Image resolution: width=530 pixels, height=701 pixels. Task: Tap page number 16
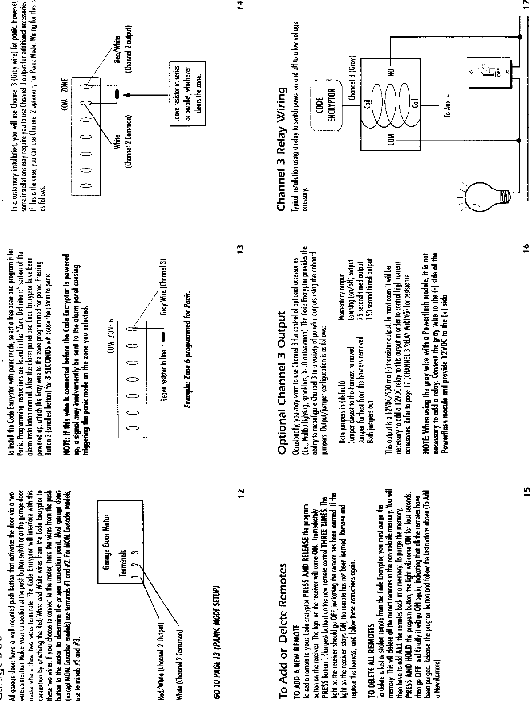click(x=525, y=246)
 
